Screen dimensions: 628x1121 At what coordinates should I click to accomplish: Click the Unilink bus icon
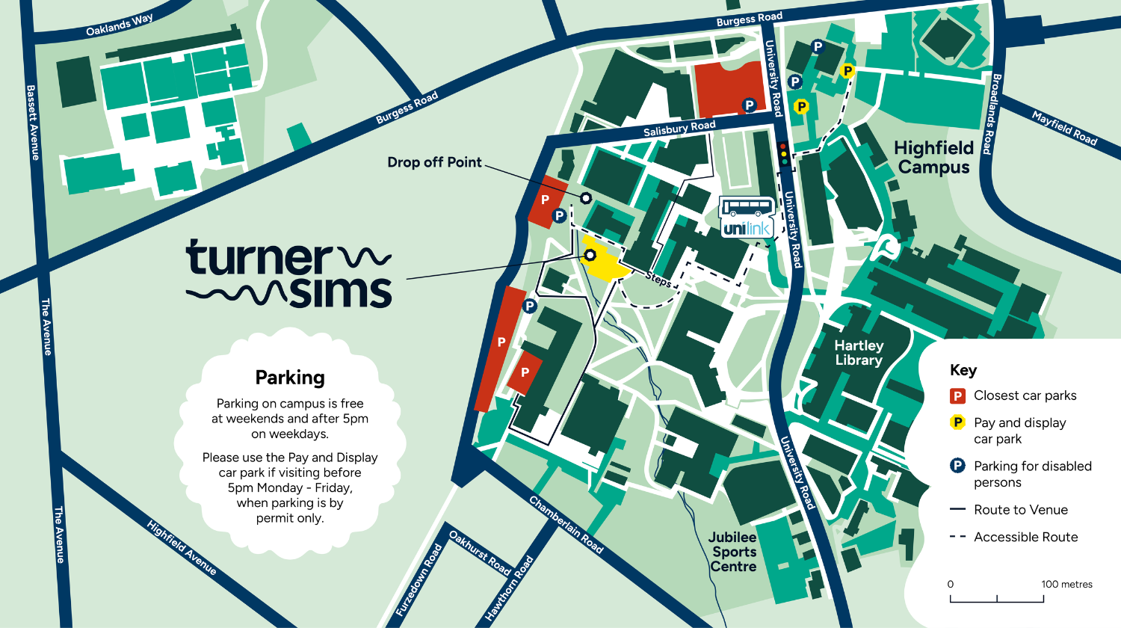(x=747, y=217)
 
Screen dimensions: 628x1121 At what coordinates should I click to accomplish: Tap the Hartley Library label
(x=859, y=353)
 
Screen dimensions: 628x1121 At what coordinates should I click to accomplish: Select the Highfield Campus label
(x=933, y=157)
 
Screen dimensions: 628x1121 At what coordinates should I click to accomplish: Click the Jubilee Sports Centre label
(x=733, y=552)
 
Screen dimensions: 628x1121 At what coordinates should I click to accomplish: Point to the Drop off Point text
(x=434, y=162)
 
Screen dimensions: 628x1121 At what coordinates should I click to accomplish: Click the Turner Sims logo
(x=289, y=274)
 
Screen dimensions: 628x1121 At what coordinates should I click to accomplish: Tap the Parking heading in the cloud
(x=290, y=378)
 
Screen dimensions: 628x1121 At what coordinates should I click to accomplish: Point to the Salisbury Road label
(x=679, y=129)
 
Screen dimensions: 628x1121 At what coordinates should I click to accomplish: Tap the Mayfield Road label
(x=1064, y=128)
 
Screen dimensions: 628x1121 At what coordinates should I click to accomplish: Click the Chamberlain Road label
(x=566, y=524)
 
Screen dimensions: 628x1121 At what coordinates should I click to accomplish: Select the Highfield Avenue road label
(x=182, y=548)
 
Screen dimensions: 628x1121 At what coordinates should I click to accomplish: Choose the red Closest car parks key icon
(x=957, y=395)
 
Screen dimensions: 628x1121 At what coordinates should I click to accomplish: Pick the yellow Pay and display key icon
(x=957, y=422)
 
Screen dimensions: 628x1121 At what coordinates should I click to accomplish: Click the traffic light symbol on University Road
(x=783, y=154)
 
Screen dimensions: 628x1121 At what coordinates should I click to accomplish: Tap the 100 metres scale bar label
(x=1066, y=585)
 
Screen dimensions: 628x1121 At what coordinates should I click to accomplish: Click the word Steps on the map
(x=658, y=279)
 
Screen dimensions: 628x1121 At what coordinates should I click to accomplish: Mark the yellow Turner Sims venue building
(x=604, y=262)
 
